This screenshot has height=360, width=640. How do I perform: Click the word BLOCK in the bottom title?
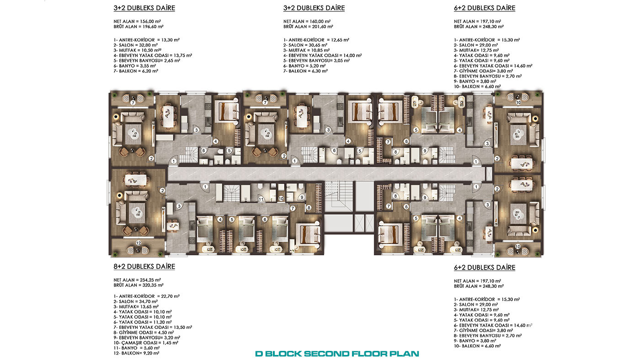[283, 354]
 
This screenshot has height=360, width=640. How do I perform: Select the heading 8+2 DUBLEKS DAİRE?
[144, 266]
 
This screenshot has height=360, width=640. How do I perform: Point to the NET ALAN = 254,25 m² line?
[137, 280]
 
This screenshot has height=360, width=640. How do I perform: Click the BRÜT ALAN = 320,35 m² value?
[139, 285]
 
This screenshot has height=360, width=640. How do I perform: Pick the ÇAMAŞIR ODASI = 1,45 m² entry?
[146, 343]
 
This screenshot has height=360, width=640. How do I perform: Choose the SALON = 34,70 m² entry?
[135, 302]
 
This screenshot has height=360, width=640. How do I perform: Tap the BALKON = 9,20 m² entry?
[136, 353]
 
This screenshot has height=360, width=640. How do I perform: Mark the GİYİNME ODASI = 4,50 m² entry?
[144, 333]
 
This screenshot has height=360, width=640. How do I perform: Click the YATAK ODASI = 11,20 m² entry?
[143, 323]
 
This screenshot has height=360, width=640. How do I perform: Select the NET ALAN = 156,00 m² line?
[137, 21]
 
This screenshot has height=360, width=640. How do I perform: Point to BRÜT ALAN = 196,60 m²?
[139, 26]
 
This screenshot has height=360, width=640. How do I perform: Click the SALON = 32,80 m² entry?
[135, 45]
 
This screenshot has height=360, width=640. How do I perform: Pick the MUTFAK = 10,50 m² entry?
[138, 50]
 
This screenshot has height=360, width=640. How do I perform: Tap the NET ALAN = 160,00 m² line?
[307, 21]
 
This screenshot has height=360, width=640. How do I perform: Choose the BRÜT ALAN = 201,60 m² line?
[308, 26]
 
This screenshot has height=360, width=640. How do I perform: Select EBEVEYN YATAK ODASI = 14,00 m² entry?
[323, 55]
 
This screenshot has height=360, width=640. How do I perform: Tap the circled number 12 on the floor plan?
[139, 243]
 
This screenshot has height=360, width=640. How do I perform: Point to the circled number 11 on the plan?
[261, 200]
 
